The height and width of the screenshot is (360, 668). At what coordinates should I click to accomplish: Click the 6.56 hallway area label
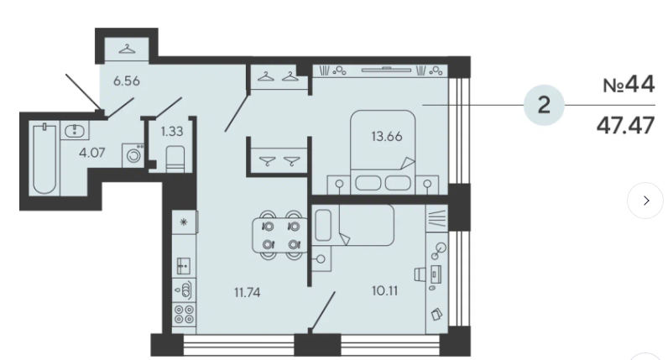pos(127,81)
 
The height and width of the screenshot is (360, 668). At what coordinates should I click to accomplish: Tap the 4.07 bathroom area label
pos(92,152)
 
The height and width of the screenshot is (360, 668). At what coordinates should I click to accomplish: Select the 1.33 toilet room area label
pos(172,131)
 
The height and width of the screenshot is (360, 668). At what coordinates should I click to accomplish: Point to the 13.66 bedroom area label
pos(387,136)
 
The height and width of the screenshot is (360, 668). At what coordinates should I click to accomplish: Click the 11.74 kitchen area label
pos(248,292)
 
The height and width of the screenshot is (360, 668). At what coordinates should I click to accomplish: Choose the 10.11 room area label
pos(385,290)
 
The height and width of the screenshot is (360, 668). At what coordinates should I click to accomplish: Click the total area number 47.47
pos(625,125)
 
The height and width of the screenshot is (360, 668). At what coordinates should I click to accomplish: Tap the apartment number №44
pos(629,85)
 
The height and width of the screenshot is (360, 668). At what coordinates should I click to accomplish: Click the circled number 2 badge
pos(544,105)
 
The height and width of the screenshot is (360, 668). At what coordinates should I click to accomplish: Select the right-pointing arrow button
pos(645,201)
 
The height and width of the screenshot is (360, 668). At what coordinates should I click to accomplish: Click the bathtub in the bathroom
pos(44,159)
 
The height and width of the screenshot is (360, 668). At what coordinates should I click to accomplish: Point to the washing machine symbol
pos(133,155)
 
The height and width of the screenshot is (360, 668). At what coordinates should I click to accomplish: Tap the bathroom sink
pos(75,130)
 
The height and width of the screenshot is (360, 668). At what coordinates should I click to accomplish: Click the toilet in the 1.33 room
pos(175,159)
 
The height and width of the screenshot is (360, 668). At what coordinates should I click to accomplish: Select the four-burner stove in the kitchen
pos(184,314)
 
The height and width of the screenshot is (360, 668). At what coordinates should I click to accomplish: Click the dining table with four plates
pos(280,235)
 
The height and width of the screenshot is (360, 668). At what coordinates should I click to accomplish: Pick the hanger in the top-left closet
pos(127,49)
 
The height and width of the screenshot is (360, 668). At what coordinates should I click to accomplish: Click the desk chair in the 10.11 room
pos(420,274)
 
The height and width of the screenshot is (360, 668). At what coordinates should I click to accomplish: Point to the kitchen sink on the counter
pos(184,266)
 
